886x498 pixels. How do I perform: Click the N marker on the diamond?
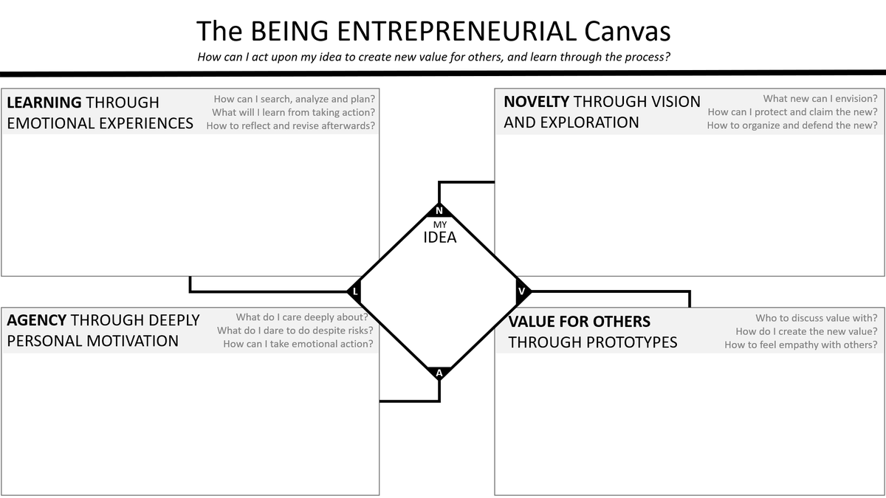coord(439,211)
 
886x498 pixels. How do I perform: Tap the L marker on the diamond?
coord(355,291)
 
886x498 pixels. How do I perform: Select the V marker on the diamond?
coord(522,291)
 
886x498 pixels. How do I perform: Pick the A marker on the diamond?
coord(439,373)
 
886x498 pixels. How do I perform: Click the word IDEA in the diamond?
coord(439,238)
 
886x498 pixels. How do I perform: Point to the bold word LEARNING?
coord(44,103)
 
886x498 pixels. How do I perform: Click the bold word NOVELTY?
coord(536,102)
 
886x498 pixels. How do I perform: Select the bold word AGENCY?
coord(37,320)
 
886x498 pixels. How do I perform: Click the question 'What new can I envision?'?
coord(820,98)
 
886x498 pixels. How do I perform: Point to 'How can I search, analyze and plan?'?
coord(294,99)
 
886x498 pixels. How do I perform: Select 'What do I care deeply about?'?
coord(301,317)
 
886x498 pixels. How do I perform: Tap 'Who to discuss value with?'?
coord(817,317)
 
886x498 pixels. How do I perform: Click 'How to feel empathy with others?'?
coord(801,345)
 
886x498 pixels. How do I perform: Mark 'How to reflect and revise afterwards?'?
coord(290,125)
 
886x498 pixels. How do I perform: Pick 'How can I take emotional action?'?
coord(298,344)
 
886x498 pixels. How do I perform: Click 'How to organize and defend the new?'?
coord(792,125)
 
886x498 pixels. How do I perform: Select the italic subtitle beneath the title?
coord(433,57)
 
